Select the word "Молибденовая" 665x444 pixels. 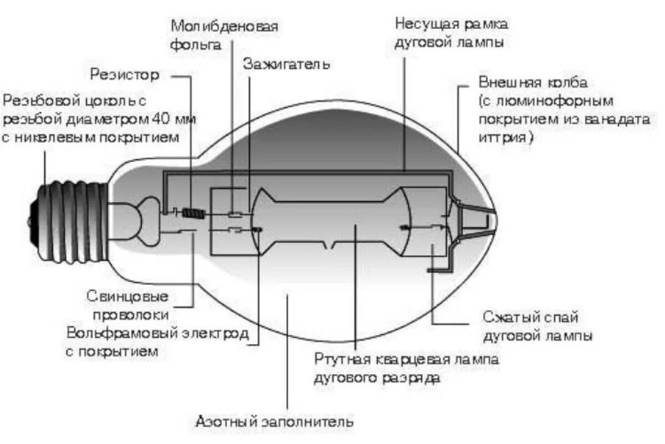(224, 26)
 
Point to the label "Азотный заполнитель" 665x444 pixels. (274, 421)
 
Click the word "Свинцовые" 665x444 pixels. (127, 296)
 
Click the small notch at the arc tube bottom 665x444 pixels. (332, 246)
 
